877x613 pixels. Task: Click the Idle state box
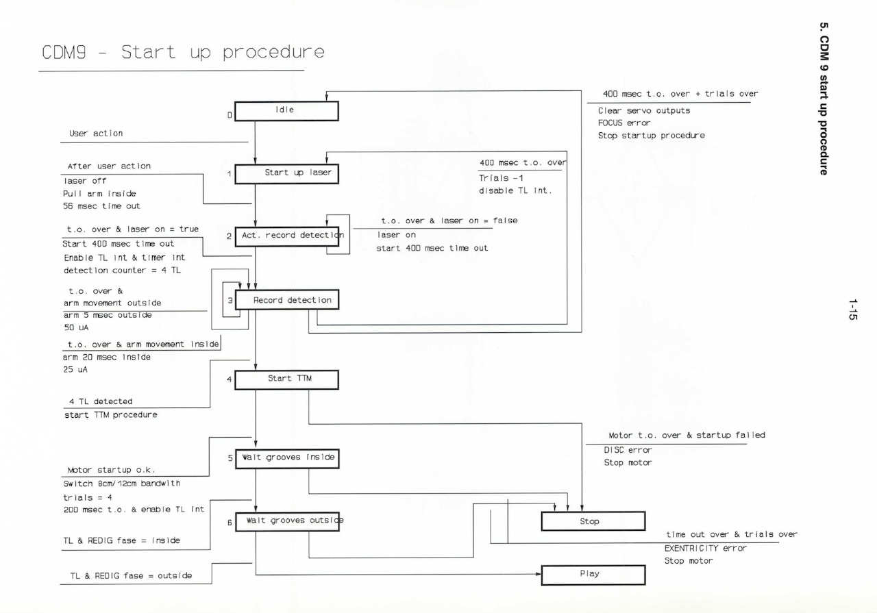(286, 111)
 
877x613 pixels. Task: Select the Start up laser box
(286, 174)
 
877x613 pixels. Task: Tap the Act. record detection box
(288, 236)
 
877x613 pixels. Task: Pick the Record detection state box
(286, 301)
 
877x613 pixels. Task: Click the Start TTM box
(286, 379)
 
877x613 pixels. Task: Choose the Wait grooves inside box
(286, 458)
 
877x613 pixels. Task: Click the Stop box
(593, 522)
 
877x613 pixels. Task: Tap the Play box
(593, 575)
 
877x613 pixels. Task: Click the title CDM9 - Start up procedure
(183, 53)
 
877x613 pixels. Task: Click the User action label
(96, 134)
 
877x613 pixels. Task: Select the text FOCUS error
(624, 123)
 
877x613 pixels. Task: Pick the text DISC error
(628, 450)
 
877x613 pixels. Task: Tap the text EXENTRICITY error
(706, 548)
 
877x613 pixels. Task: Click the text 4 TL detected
(101, 401)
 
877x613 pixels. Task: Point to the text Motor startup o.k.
(111, 471)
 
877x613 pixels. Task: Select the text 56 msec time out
(102, 206)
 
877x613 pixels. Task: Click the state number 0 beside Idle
(230, 115)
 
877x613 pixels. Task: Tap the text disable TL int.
(515, 190)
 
